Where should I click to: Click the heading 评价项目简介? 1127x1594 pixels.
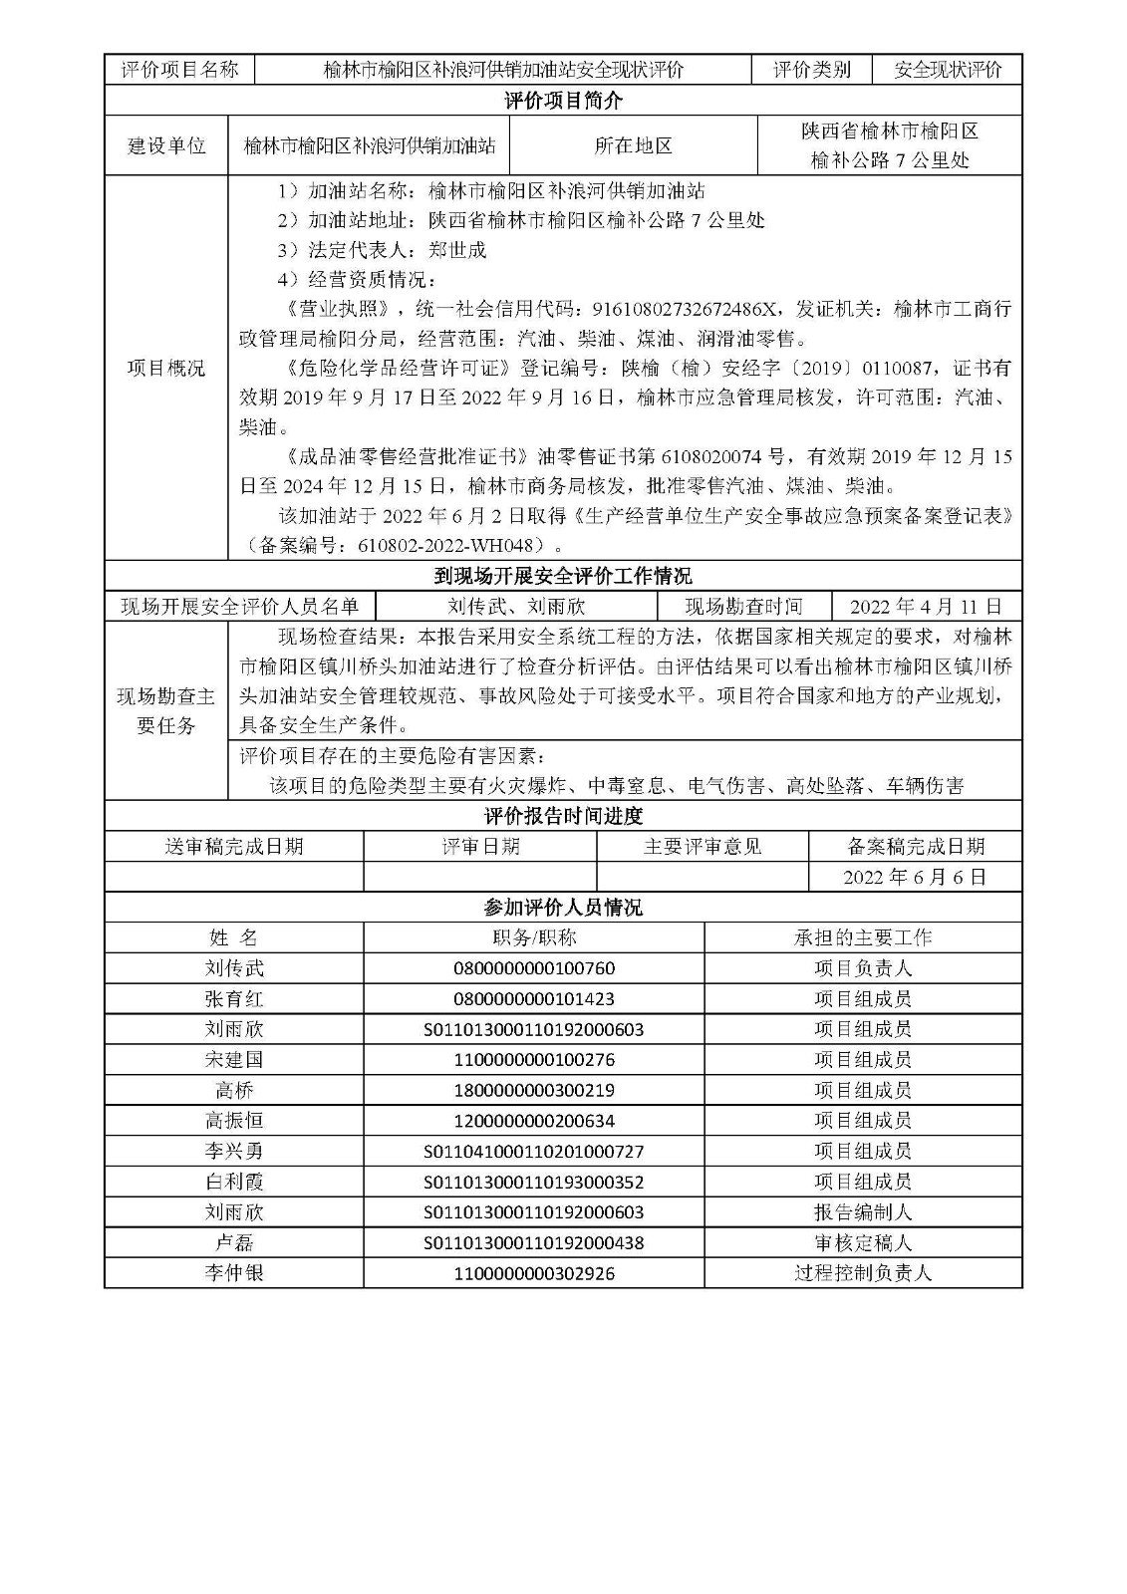coord(563,101)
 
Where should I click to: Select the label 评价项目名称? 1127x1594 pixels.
coord(179,70)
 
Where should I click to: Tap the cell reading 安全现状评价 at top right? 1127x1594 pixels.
coord(947,70)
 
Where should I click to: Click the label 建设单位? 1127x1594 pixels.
coord(166,145)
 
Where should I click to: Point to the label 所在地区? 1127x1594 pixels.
coord(633,145)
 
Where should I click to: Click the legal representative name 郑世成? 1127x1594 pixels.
coord(457,250)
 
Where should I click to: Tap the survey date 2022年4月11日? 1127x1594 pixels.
coord(926,607)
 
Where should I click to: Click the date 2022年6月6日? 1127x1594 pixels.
coord(915,877)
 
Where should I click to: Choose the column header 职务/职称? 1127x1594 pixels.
coord(534,937)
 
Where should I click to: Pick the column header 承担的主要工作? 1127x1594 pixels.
coord(862,937)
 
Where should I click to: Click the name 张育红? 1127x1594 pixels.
coord(234,998)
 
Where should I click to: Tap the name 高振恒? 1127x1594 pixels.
coord(234,1121)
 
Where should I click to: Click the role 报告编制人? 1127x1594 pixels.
coord(862,1212)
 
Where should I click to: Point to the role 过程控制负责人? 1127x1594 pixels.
coord(862,1273)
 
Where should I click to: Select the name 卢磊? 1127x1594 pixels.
coord(234,1243)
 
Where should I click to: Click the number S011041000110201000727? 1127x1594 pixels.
coord(534,1152)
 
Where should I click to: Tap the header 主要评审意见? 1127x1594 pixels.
coord(703,847)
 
